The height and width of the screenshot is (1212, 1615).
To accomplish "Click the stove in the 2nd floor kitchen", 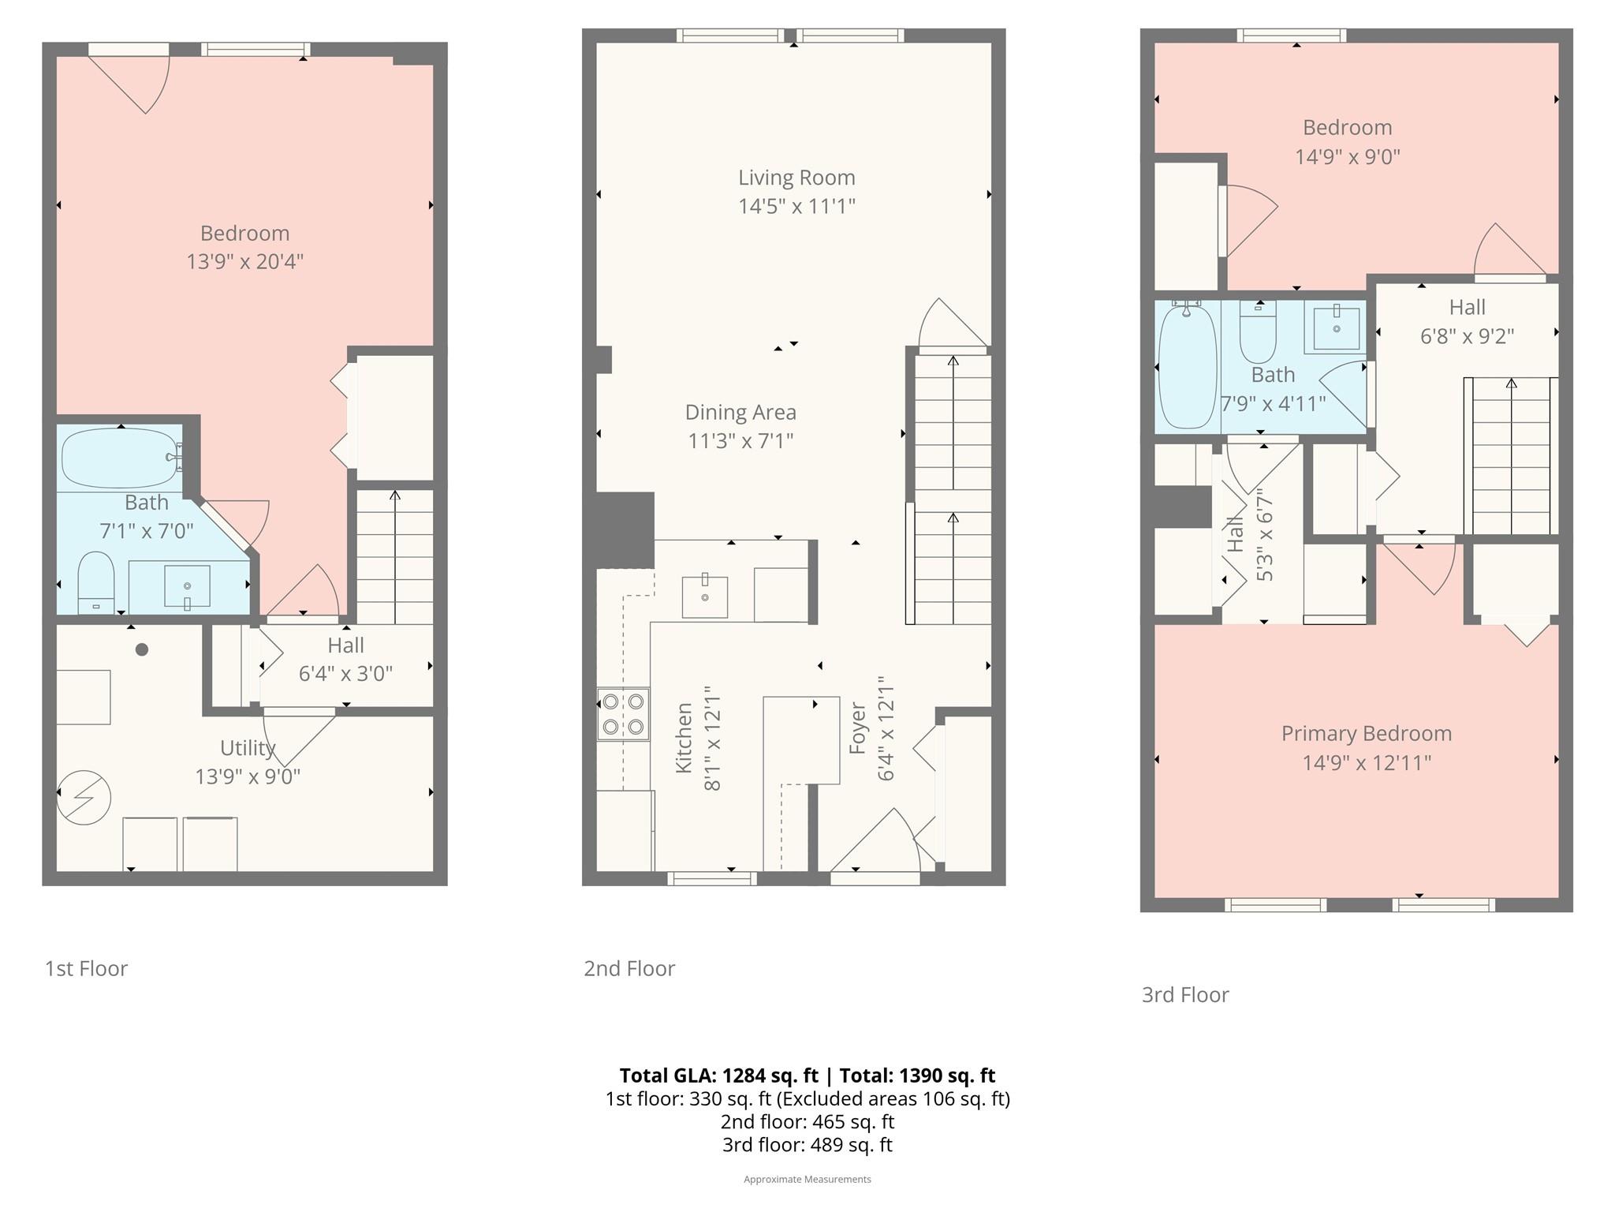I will (x=623, y=714).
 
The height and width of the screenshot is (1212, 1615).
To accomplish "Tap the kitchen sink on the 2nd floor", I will (x=704, y=597).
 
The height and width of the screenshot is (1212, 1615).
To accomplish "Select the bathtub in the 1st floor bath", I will (x=121, y=458).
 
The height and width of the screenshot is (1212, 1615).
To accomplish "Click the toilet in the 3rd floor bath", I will (x=1258, y=332).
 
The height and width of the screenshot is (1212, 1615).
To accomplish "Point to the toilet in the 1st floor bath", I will (x=96, y=582).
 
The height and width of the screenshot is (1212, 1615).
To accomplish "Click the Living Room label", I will (x=796, y=178).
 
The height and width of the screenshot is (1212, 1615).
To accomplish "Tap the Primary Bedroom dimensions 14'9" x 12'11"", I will (x=1367, y=763).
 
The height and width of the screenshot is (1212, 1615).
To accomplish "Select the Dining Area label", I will (x=740, y=412).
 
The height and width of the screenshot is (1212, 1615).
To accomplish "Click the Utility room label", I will (x=248, y=747).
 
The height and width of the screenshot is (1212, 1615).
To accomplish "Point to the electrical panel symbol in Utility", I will (x=84, y=797).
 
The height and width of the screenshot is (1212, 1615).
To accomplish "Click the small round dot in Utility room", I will (x=142, y=649).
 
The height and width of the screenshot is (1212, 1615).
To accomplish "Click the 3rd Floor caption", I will (x=1185, y=994).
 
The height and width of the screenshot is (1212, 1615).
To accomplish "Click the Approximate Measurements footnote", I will (x=807, y=1179).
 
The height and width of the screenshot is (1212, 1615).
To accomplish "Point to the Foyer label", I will (x=858, y=728).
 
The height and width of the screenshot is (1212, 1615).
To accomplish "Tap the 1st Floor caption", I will (x=86, y=968).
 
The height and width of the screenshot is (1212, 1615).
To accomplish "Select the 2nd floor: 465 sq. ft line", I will (x=807, y=1121).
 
